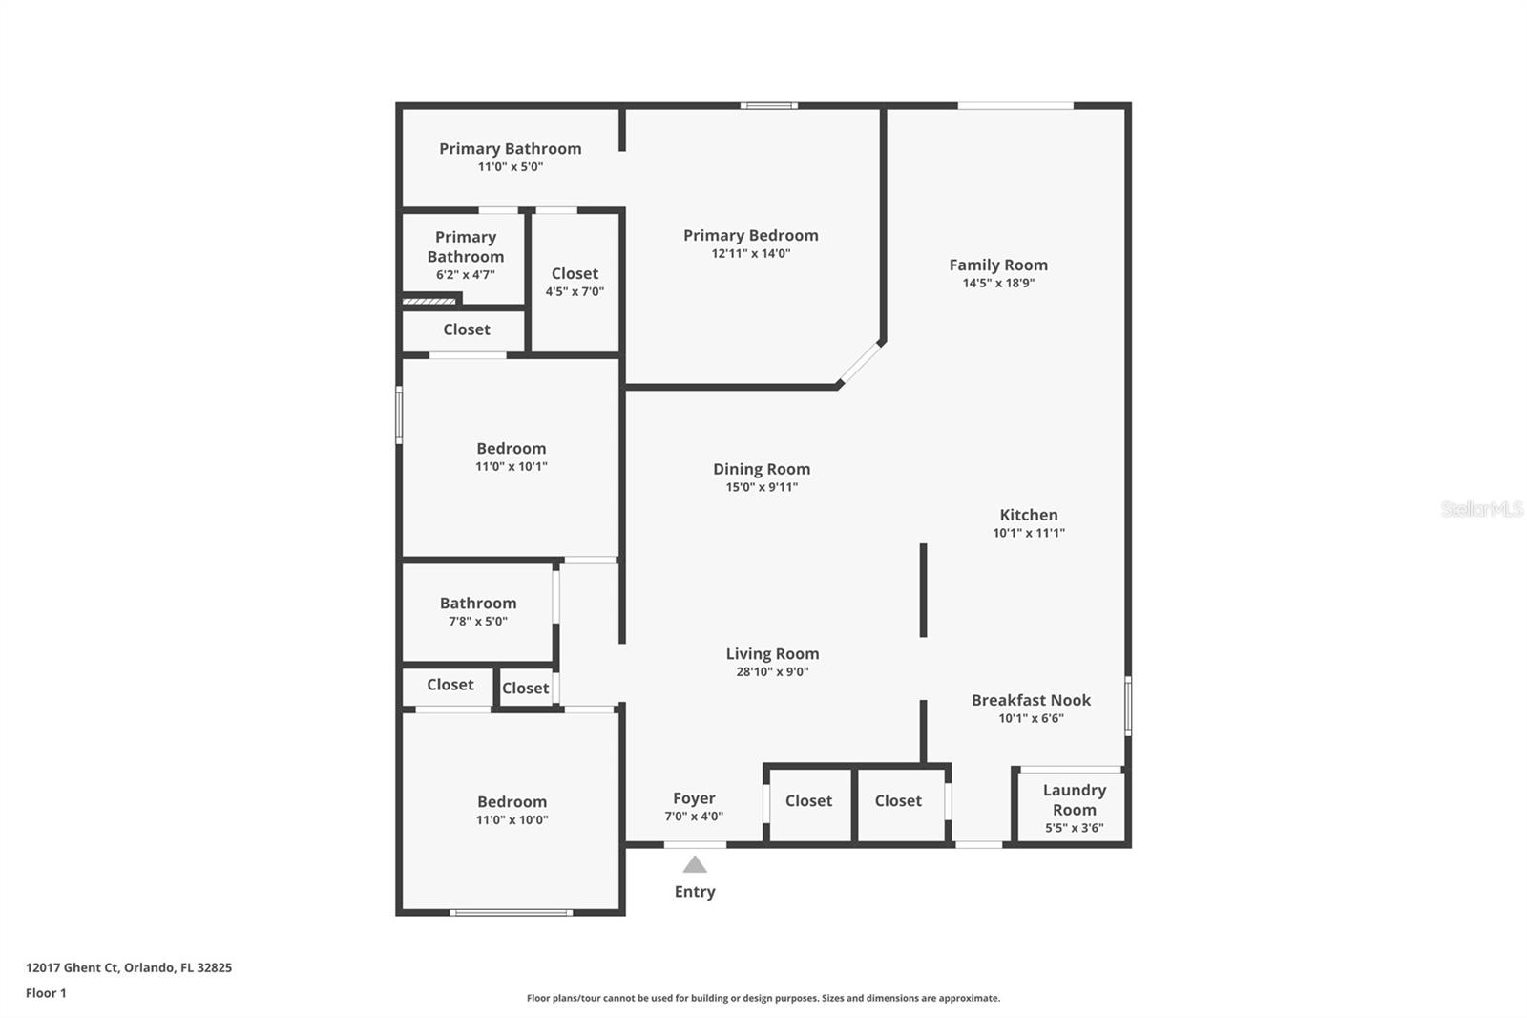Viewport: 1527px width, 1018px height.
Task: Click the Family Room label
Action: click(998, 265)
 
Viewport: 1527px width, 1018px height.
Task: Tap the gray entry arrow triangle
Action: click(695, 864)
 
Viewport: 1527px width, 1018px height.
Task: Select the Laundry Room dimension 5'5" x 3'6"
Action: click(1075, 828)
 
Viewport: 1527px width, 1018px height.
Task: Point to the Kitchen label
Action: click(1029, 515)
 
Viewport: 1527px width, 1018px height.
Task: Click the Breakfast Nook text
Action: click(1031, 700)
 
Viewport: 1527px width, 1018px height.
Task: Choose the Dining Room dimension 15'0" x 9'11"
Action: click(762, 487)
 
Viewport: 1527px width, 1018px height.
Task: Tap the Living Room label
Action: click(772, 653)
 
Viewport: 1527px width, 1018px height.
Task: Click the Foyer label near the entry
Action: click(694, 798)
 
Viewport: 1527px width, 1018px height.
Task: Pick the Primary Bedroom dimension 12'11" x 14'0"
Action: click(750, 253)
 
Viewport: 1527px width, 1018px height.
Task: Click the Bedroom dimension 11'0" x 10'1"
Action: click(512, 467)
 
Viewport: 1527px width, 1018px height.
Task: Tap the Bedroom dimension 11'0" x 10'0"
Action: click(512, 820)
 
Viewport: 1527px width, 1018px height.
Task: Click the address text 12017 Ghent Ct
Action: click(73, 967)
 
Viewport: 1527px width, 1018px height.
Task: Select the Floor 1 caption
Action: click(47, 993)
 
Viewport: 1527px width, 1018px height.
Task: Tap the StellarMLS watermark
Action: click(1481, 508)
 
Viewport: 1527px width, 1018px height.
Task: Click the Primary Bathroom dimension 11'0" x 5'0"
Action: click(510, 167)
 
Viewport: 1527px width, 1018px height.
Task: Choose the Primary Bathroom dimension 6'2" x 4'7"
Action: click(466, 275)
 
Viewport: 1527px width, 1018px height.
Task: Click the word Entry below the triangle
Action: click(695, 892)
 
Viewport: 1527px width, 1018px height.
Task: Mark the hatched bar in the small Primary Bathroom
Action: click(429, 301)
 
